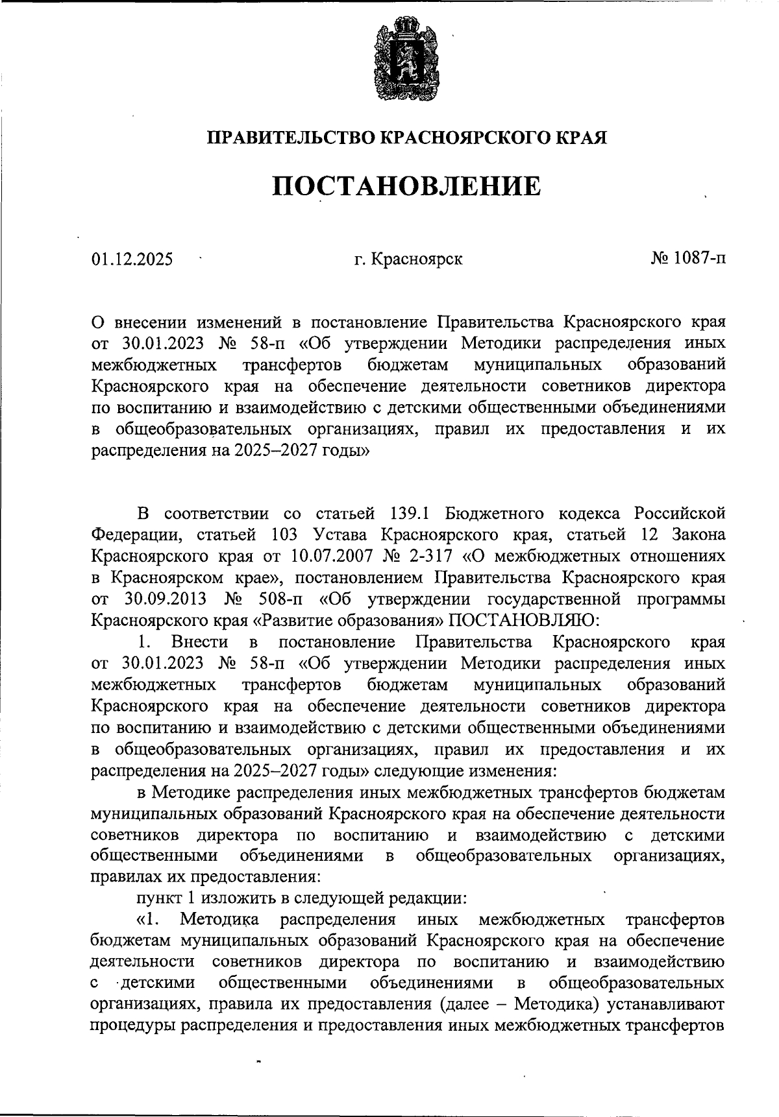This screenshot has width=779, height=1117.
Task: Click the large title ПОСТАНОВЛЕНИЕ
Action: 406,186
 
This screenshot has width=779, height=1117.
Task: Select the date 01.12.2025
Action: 132,259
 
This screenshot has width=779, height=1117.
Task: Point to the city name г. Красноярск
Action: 408,259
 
